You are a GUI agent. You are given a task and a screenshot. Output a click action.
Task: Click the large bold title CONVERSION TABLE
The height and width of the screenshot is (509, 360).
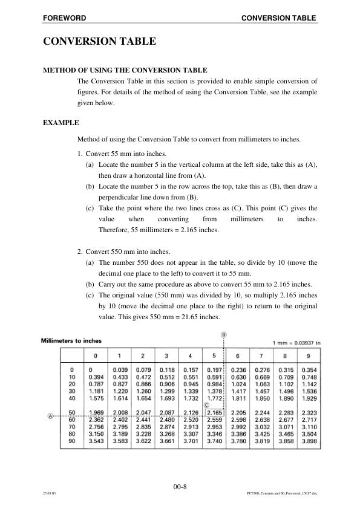[x=99, y=42]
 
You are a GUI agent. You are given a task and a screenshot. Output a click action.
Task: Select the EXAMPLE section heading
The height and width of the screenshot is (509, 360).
[x=61, y=123]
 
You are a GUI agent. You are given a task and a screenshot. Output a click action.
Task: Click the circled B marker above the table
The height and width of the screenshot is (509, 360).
[x=223, y=334]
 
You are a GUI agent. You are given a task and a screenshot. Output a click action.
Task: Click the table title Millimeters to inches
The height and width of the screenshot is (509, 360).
[x=71, y=341]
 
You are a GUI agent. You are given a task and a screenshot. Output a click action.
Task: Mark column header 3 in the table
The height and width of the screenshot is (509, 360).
[x=166, y=355]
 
